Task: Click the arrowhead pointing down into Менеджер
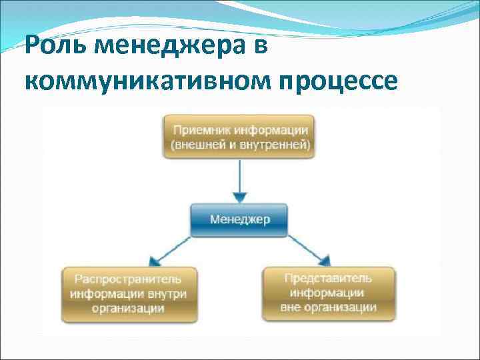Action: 240,197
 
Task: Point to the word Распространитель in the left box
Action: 127,279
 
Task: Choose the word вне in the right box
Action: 291,307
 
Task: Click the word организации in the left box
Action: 128,308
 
